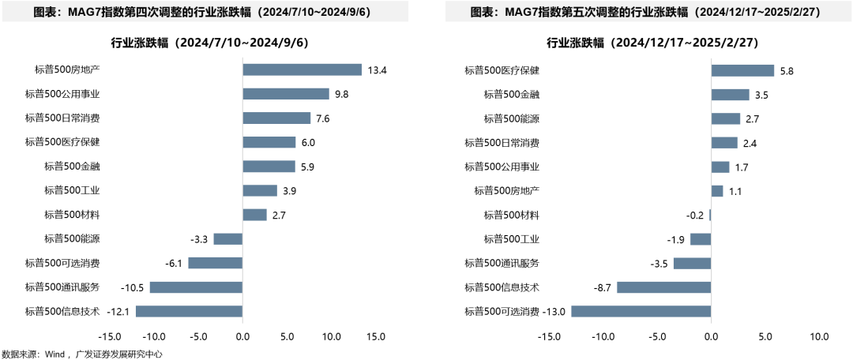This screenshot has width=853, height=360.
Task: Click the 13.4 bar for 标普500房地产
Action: point(302,69)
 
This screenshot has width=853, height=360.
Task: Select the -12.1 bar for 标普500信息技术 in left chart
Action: point(189,311)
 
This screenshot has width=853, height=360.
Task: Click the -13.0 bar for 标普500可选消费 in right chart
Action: point(641,311)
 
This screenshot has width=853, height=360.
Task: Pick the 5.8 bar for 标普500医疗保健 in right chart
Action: point(742,70)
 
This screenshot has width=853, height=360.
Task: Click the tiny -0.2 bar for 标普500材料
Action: point(710,215)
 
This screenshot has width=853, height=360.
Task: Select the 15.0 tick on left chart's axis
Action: point(376,336)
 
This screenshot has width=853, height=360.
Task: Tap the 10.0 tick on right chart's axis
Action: point(818,336)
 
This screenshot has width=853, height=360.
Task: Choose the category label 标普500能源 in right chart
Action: point(511,118)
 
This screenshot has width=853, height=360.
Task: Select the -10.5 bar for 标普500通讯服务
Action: point(196,287)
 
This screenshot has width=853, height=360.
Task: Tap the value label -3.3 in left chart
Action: point(199,238)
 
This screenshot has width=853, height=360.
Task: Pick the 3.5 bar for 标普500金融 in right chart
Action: point(730,95)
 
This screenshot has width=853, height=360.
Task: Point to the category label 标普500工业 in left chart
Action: point(72,190)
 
